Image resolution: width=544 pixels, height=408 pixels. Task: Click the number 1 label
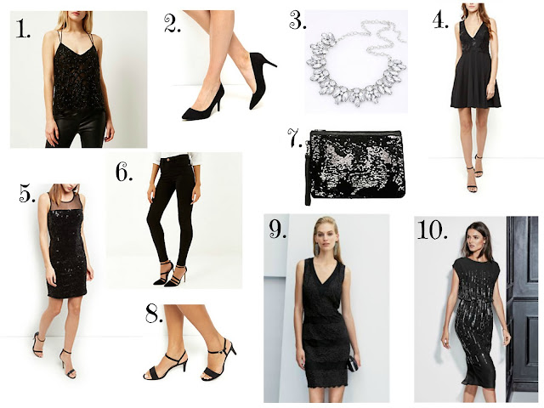pyautogui.click(x=23, y=28)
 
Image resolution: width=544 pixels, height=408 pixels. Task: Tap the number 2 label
pyautogui.click(x=173, y=23)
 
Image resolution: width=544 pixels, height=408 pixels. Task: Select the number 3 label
pyautogui.click(x=297, y=20)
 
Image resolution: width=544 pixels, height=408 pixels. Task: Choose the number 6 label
pyautogui.click(x=124, y=172)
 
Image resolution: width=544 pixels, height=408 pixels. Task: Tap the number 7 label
pyautogui.click(x=295, y=138)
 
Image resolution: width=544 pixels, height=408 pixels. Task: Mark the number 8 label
pyautogui.click(x=154, y=314)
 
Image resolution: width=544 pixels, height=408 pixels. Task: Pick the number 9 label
pyautogui.click(x=278, y=229)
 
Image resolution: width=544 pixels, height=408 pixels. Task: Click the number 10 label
pyautogui.click(x=432, y=229)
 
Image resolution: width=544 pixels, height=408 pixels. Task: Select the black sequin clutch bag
pyautogui.click(x=357, y=164)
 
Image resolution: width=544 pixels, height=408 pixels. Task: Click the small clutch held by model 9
pyautogui.click(x=352, y=363)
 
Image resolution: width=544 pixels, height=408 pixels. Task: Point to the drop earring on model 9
pyautogui.click(x=317, y=249)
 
